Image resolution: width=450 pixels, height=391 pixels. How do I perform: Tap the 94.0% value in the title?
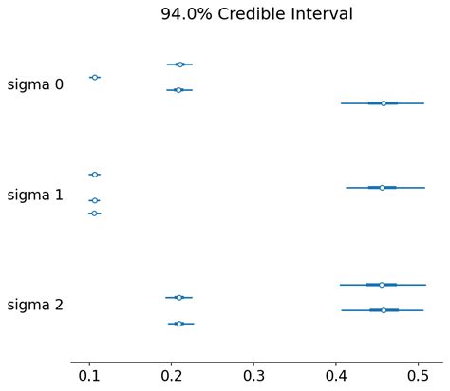[186, 14]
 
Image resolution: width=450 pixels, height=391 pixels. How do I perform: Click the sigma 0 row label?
[35, 84]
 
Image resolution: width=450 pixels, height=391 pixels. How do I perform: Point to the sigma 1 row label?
[35, 195]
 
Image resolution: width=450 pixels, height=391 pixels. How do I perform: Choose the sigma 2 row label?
[35, 305]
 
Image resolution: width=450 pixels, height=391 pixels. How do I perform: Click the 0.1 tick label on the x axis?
[89, 376]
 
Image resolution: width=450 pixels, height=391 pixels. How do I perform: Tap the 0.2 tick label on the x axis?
[171, 376]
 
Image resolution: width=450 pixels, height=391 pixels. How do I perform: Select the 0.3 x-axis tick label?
[253, 376]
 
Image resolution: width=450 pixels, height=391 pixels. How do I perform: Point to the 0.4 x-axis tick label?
[336, 376]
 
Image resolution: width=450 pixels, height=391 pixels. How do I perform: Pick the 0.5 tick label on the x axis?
[418, 376]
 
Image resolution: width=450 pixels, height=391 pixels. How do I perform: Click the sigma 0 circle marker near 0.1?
[95, 77]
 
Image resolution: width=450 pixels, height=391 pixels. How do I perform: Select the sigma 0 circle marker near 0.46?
[384, 103]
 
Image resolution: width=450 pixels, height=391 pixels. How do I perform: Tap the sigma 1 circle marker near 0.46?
[382, 188]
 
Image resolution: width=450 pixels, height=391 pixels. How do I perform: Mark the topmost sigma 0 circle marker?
[180, 65]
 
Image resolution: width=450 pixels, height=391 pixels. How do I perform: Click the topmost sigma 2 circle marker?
[382, 285]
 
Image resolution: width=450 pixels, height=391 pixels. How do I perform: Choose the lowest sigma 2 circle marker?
[179, 324]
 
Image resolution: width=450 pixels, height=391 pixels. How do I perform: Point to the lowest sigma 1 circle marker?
[94, 214]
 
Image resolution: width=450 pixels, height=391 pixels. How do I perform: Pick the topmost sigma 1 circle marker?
[95, 175]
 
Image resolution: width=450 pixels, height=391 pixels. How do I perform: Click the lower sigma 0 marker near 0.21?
[178, 90]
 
